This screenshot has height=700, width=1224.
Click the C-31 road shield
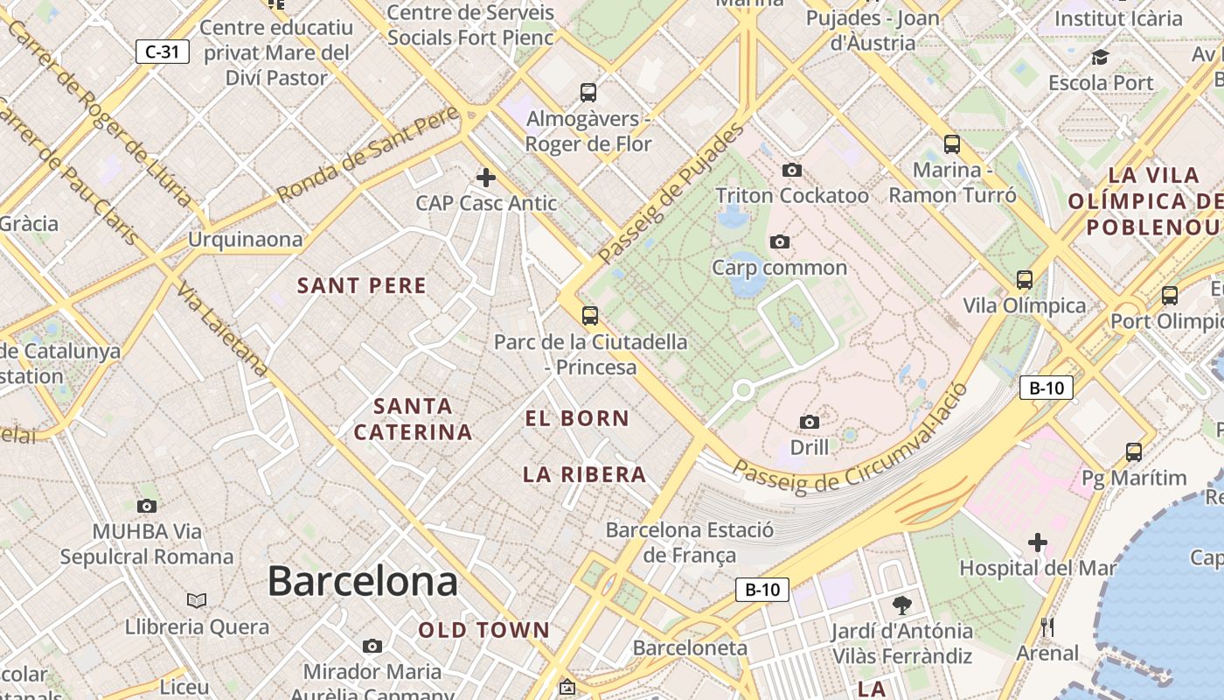[163, 52]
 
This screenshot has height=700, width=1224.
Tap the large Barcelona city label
[362, 581]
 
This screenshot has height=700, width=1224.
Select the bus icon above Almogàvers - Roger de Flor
[588, 92]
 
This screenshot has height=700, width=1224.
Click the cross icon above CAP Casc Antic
[485, 178]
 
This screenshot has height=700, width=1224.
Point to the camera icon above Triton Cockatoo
[792, 170]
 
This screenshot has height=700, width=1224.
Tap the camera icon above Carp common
[779, 241]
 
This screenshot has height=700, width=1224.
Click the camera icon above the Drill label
[810, 423]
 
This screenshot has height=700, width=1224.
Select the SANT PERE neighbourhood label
[362, 286]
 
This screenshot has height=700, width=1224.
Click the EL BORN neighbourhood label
[577, 418]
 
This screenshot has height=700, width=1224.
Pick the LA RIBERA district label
[585, 475]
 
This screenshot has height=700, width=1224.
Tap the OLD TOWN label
[483, 630]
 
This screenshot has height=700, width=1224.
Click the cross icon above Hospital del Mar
[1037, 542]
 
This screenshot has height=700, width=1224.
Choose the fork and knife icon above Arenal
[1047, 626]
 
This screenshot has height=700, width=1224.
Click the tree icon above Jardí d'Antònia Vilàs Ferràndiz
[901, 605]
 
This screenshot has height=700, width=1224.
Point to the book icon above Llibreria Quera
[197, 600]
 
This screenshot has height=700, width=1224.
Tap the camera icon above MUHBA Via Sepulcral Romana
[147, 506]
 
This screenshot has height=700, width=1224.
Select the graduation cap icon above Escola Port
[1100, 58]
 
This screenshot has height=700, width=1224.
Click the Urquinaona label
[245, 239]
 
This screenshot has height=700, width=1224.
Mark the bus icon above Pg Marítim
[1134, 452]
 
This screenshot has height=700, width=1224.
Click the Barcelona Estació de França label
[690, 542]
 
